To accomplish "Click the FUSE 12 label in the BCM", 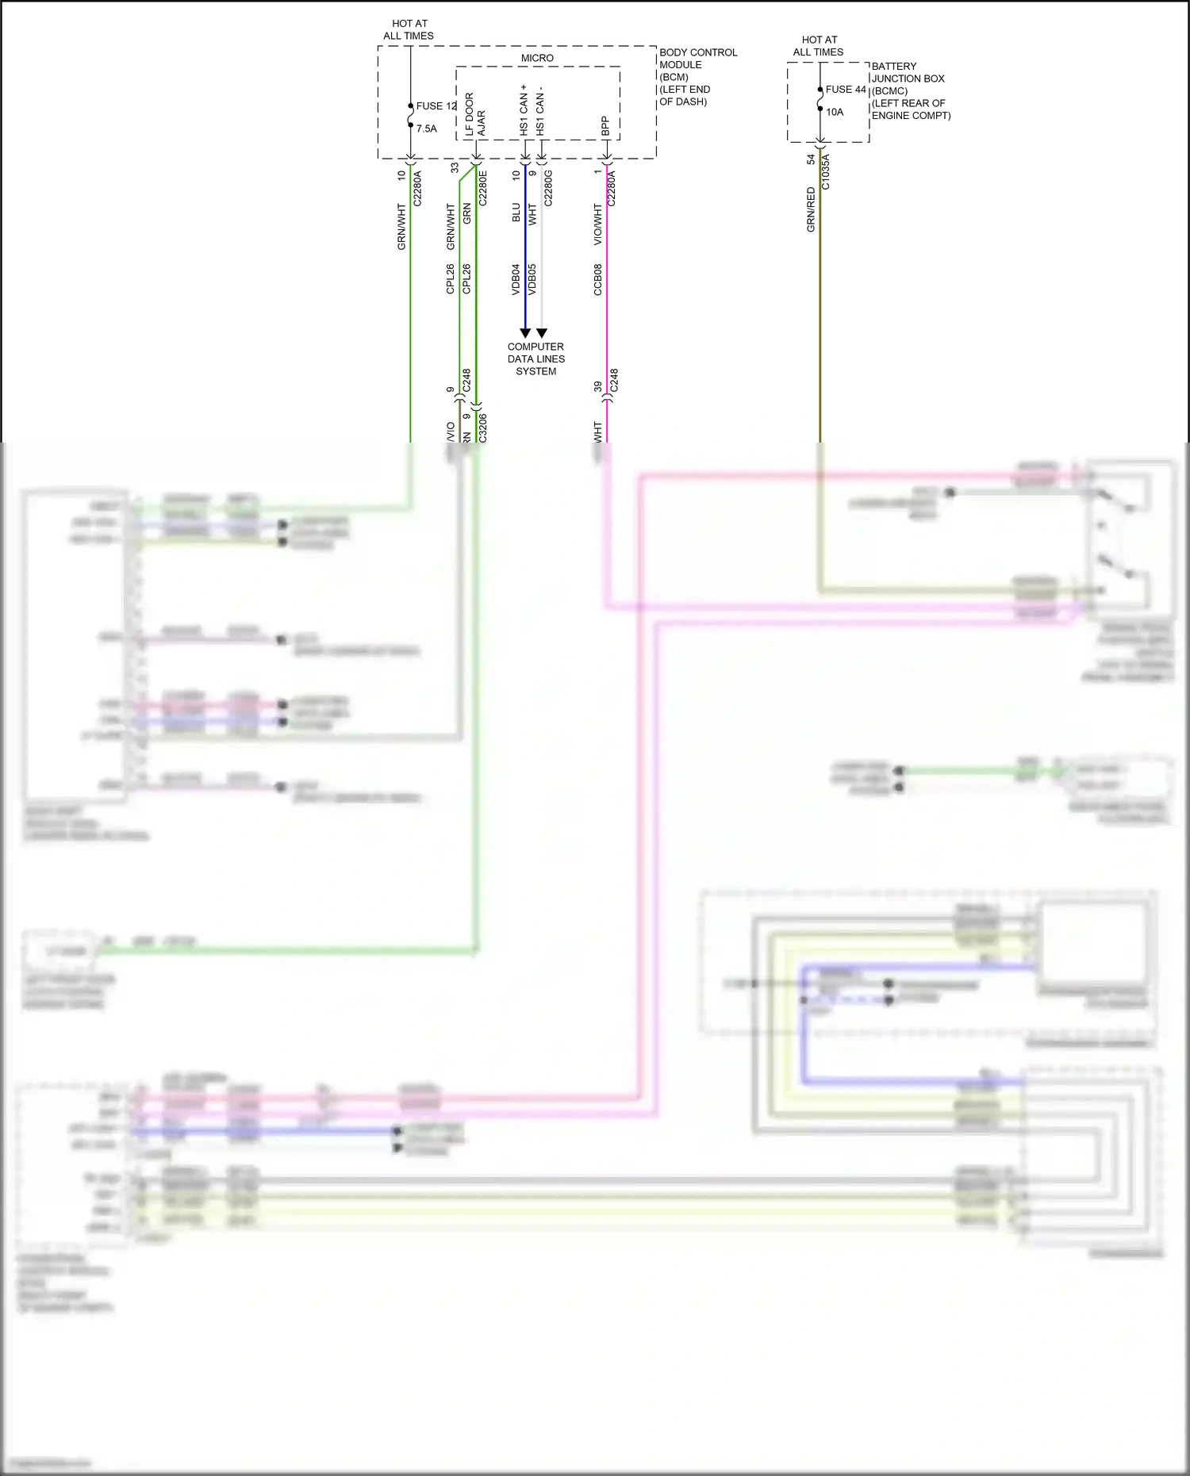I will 436,105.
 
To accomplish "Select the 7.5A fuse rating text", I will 426,128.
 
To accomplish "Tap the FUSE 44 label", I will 845,90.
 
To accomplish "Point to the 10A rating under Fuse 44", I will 835,112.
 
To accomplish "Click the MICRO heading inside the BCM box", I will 537,58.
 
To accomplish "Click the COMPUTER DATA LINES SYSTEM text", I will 535,358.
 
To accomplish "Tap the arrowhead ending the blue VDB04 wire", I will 524,333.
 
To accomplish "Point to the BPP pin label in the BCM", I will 605,126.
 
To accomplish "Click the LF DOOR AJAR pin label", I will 474,115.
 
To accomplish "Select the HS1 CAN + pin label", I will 524,110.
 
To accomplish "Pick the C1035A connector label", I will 825,172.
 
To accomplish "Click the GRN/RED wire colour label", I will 811,209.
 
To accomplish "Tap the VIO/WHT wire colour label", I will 597,224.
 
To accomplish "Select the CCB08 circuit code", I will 597,280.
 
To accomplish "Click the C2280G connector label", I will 547,188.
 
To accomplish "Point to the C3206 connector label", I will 482,428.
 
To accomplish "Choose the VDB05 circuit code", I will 532,280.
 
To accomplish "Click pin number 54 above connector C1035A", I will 811,159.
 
